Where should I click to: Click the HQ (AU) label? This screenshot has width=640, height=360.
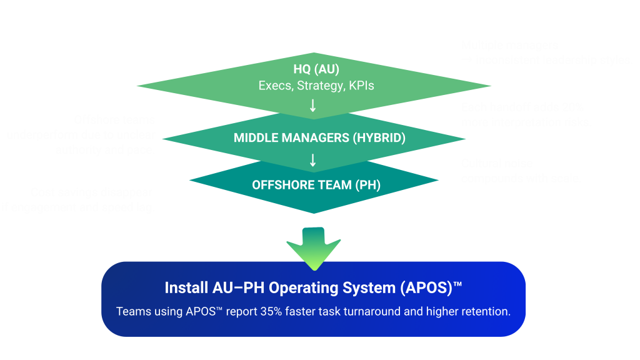(316, 69)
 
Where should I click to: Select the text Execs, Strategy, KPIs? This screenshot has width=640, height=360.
(316, 86)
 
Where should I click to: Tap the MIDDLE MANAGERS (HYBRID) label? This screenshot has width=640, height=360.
(319, 137)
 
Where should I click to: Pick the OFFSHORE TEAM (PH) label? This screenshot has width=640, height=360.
(316, 185)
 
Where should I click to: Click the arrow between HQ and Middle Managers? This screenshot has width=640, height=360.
(313, 106)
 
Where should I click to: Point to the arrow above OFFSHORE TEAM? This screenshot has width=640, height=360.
(313, 161)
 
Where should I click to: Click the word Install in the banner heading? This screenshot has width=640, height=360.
(185, 288)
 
